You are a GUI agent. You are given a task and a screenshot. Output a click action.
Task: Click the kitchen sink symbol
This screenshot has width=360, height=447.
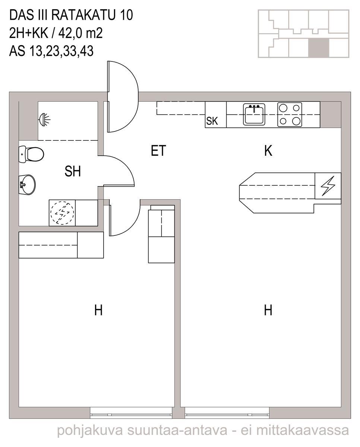pyautogui.click(x=254, y=114)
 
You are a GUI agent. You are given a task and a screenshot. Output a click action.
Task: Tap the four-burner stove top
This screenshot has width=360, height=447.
pyautogui.click(x=290, y=114)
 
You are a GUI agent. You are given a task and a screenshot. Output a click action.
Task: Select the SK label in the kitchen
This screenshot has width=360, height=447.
pyautogui.click(x=212, y=121)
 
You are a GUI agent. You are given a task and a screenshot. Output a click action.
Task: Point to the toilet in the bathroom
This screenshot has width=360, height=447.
pyautogui.click(x=31, y=154)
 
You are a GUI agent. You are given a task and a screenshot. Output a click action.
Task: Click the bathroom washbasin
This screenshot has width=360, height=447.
pyautogui.click(x=27, y=184)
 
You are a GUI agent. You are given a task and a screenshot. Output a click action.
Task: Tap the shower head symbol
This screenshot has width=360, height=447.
pyautogui.click(x=44, y=120)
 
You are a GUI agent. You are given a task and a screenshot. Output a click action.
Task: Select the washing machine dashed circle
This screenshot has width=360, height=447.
pyautogui.click(x=62, y=213)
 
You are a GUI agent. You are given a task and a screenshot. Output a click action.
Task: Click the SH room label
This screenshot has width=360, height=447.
pyautogui.click(x=73, y=171)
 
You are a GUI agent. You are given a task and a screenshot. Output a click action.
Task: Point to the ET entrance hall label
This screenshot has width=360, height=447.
pyautogui.click(x=158, y=150)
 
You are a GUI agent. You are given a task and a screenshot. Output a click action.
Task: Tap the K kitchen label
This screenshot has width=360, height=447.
pyautogui.click(x=268, y=150)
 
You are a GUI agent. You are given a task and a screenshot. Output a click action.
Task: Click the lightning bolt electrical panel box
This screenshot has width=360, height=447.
pyautogui.click(x=328, y=186)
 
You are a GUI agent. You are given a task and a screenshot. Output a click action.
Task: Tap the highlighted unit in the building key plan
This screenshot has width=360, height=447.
pyautogui.click(x=319, y=48)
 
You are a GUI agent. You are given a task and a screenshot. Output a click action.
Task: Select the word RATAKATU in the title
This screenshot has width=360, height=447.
pyautogui.click(x=83, y=15)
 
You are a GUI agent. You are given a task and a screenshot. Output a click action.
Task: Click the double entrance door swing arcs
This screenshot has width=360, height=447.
pyautogui.click(x=123, y=96)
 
